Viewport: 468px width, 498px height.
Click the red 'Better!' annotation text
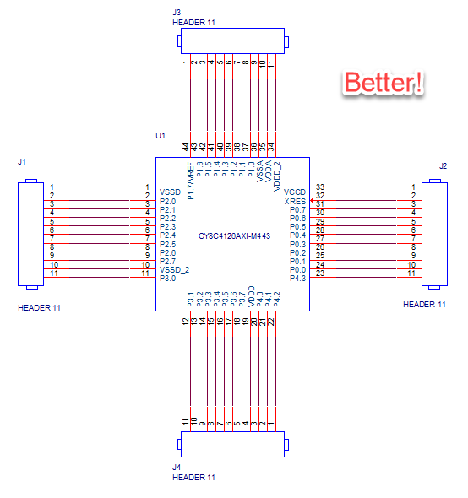click(384, 82)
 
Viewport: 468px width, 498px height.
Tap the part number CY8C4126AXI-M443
click(234, 236)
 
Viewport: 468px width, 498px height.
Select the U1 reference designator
click(161, 136)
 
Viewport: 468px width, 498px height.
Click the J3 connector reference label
click(177, 13)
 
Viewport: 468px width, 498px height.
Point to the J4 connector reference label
click(177, 468)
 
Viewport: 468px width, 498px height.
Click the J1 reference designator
click(22, 162)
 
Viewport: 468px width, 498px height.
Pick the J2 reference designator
click(443, 165)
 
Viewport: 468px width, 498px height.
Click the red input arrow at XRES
click(313, 200)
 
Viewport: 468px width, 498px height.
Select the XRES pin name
click(295, 202)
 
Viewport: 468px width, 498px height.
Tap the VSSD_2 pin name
click(174, 270)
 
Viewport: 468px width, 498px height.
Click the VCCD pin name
click(295, 192)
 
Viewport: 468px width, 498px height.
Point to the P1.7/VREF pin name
click(191, 181)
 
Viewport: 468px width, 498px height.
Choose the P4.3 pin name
click(297, 279)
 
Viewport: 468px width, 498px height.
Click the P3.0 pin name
click(167, 279)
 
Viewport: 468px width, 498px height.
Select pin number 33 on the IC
click(320, 187)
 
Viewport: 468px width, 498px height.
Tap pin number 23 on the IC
click(320, 273)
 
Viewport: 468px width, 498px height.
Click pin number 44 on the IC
click(186, 147)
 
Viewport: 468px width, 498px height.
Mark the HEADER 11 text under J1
click(39, 308)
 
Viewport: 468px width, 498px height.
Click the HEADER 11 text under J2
click(424, 305)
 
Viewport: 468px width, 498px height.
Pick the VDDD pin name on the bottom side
click(252, 296)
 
